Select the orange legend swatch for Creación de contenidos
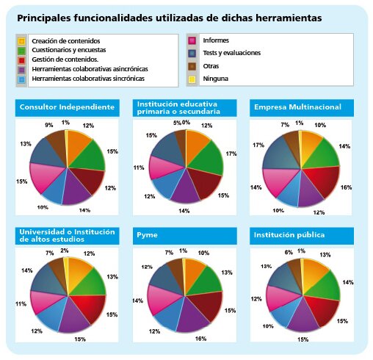pyautogui.click(x=21, y=40)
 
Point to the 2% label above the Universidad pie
pyautogui.click(x=65, y=251)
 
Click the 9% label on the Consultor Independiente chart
pyautogui.click(x=48, y=125)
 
